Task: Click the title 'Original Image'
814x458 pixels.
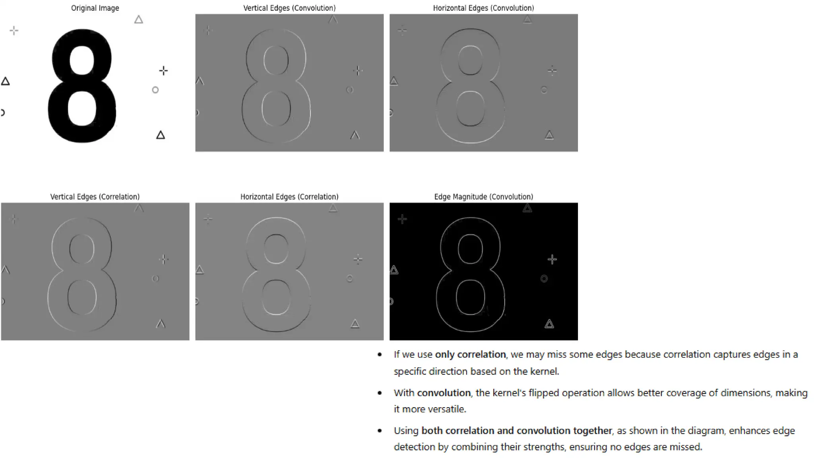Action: pos(95,8)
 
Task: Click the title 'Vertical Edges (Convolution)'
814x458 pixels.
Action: pos(289,8)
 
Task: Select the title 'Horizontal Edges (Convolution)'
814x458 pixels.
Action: pos(483,8)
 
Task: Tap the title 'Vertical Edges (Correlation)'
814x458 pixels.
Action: pos(95,197)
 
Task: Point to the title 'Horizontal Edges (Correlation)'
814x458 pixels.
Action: pos(289,197)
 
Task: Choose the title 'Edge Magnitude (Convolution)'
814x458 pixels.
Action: pos(483,197)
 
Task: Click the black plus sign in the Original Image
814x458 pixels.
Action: pos(163,71)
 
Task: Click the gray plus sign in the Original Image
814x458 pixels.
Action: pos(14,31)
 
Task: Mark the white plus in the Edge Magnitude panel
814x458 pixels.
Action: pos(552,260)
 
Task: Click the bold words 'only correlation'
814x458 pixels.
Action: pos(470,354)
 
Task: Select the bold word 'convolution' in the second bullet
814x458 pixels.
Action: pos(444,393)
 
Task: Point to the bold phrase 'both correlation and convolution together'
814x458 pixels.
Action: pos(516,431)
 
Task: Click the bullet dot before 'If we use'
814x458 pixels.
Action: pos(380,355)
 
